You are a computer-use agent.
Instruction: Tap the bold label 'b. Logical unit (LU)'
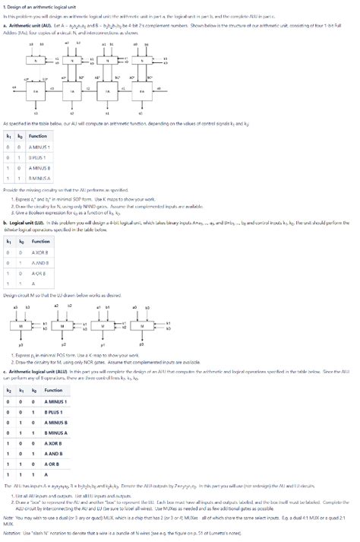click(x=27, y=201)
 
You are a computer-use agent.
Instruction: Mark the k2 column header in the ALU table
click(x=8, y=389)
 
